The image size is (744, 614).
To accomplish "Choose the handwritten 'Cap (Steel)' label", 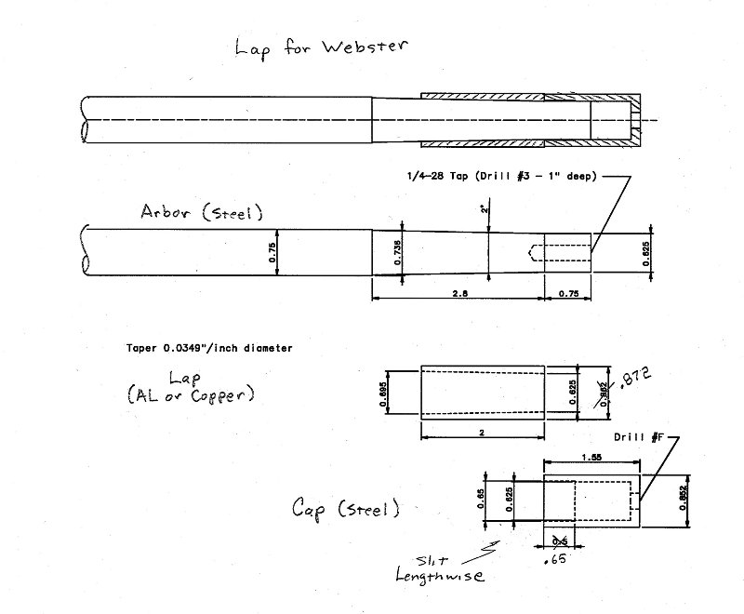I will (346, 508).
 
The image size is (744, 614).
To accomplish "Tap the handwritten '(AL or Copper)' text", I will (191, 394).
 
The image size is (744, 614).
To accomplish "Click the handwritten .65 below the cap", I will (560, 561).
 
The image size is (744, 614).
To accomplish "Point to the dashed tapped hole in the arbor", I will (558, 252).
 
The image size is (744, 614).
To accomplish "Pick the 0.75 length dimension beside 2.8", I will (567, 292).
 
